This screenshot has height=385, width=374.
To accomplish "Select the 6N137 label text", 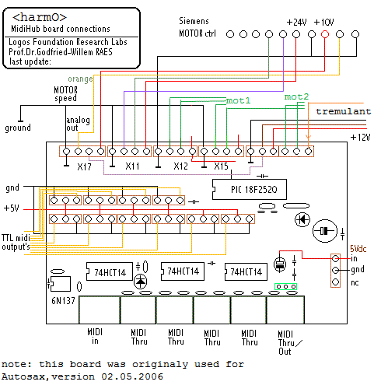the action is [63, 301].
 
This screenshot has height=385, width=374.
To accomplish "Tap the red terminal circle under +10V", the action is [325, 34].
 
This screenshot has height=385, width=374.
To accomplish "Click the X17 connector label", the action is [84, 166].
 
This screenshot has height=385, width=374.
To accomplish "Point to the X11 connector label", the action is [132, 166].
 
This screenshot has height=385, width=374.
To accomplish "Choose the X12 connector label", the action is [180, 166].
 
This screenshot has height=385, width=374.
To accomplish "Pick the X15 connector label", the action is [221, 166].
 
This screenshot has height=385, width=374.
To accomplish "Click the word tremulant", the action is [344, 111].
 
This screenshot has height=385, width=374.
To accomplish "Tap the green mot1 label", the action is [238, 100].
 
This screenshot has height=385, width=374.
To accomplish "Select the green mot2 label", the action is [296, 96].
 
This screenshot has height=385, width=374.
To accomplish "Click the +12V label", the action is [360, 137].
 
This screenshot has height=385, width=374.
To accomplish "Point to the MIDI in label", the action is [95, 336].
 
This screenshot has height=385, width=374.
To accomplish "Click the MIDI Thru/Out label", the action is [290, 342].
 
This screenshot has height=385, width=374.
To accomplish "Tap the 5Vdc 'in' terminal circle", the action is [335, 258].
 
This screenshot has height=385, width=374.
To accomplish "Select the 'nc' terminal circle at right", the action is [335, 282].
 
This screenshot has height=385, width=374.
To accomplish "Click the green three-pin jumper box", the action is [285, 286].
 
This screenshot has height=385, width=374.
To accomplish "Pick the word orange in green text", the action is [80, 79].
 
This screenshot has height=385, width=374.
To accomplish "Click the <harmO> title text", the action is [40, 17].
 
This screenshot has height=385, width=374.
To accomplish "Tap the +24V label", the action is [297, 23].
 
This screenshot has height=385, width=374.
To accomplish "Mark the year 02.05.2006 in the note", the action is [132, 376].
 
